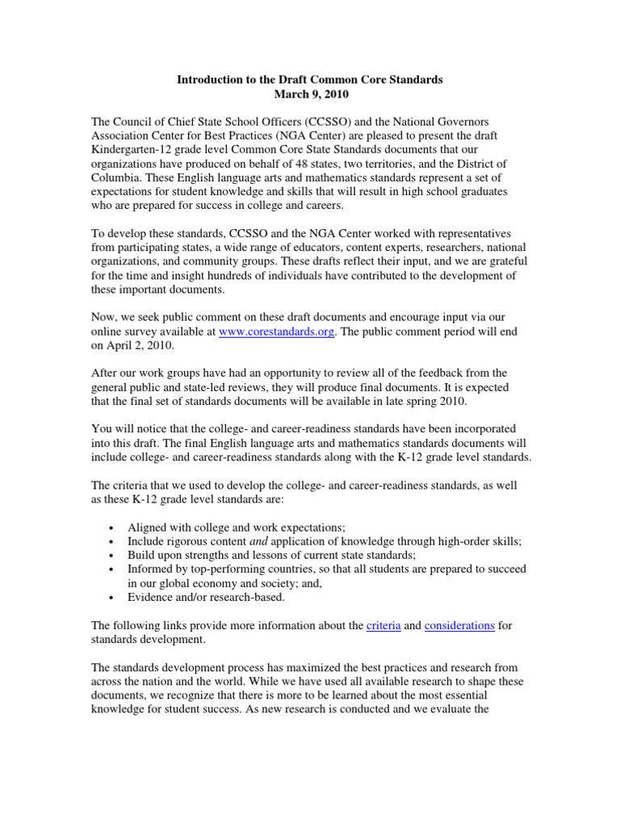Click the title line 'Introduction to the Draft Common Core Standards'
(310, 81)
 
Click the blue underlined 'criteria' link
(383, 625)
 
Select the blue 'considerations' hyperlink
(459, 625)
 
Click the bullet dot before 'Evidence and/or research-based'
(110, 598)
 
